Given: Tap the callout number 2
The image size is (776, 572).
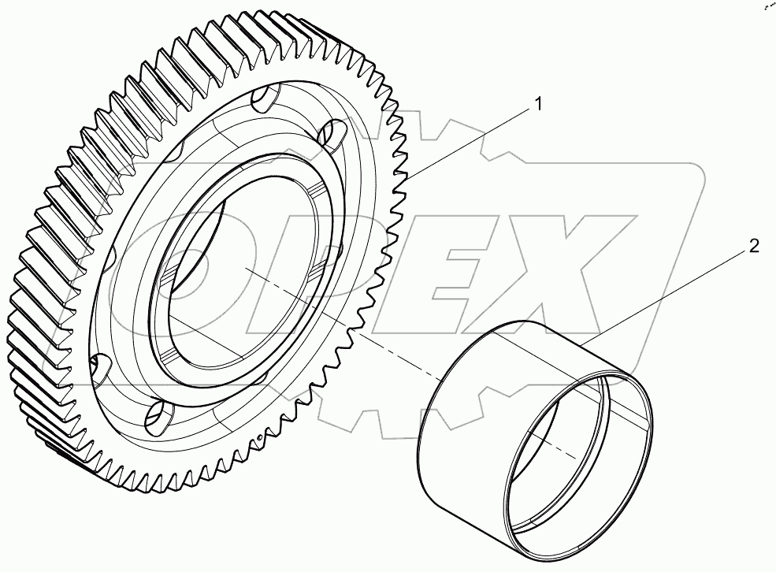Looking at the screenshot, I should coord(753,247).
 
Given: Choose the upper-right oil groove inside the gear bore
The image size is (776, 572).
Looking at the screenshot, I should coord(314,192).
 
